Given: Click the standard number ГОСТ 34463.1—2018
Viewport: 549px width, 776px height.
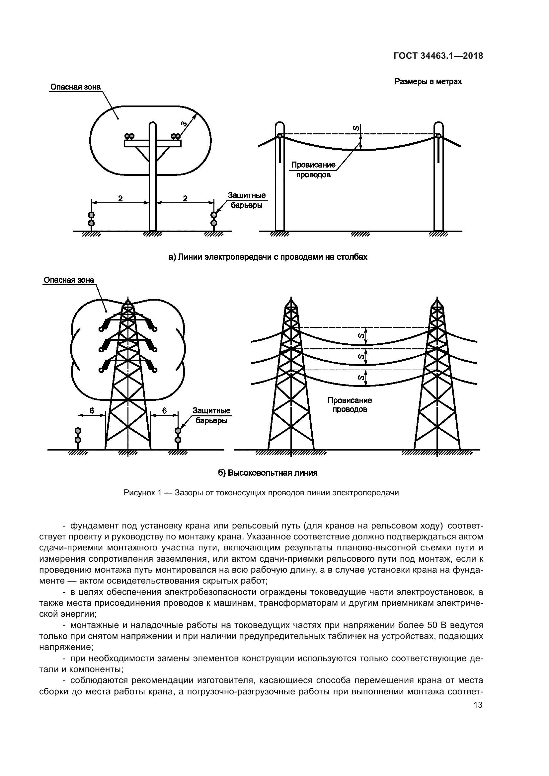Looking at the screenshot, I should (x=438, y=56).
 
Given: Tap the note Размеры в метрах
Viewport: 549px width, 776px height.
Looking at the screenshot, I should (x=428, y=82).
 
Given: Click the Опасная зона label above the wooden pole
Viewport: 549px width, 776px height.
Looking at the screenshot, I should (x=75, y=87).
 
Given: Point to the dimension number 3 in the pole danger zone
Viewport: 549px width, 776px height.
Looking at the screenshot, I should (x=184, y=123).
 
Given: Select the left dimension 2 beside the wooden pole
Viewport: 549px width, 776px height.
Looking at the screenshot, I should (x=120, y=198).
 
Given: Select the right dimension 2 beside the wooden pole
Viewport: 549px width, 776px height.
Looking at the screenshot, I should (x=185, y=198).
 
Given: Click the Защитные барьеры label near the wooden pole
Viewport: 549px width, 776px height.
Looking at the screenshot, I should (x=246, y=200).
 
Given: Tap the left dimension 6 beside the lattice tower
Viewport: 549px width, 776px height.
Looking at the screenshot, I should (x=92, y=410).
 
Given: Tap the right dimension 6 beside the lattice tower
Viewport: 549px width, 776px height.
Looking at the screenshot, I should (x=164, y=410).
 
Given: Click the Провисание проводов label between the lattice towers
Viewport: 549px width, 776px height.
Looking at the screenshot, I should (x=350, y=404).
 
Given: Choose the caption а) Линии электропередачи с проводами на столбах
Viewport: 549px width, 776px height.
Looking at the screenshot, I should (x=268, y=257).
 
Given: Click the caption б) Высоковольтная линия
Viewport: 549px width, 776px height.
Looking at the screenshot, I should (x=268, y=473).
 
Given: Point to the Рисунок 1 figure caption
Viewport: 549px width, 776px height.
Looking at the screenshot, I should (x=261, y=493).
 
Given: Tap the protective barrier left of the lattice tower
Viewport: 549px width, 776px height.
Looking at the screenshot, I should (x=78, y=435).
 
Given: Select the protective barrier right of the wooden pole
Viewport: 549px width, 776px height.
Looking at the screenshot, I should (x=214, y=219).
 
